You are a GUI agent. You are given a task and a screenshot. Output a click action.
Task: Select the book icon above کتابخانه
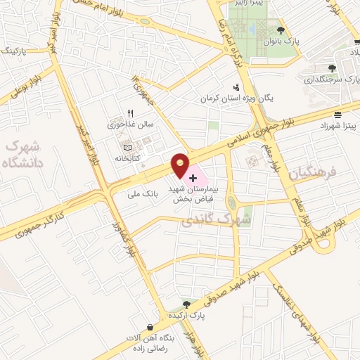[x=127, y=147]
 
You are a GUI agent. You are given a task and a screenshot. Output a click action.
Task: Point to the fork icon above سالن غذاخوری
[x=129, y=114]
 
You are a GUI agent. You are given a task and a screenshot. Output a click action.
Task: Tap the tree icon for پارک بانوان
[x=281, y=30]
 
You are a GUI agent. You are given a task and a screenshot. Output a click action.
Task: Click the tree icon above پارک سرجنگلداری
[x=333, y=68]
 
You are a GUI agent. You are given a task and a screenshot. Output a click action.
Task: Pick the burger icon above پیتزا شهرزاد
[x=338, y=114]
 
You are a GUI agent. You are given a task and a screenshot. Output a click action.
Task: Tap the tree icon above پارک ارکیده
[x=186, y=304]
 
